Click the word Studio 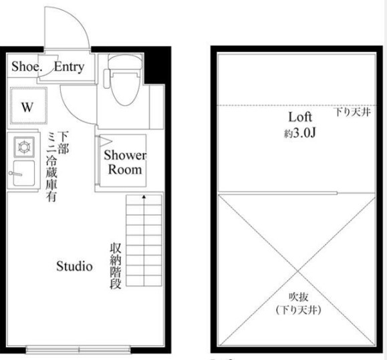pyautogui.click(x=75, y=266)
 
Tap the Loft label pyautogui.click(x=300, y=117)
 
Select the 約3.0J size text pyautogui.click(x=299, y=134)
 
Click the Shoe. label pyautogui.click(x=27, y=67)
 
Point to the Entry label pyautogui.click(x=69, y=67)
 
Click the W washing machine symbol pyautogui.click(x=29, y=106)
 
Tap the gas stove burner pyautogui.click(x=24, y=147)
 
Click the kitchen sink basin pyautogui.click(x=24, y=173)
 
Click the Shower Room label pyautogui.click(x=125, y=162)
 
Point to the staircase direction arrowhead pyautogui.click(x=144, y=197)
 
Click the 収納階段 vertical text pyautogui.click(x=116, y=266)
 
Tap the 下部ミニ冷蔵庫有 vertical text pyautogui.click(x=57, y=167)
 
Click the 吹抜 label pyautogui.click(x=299, y=297)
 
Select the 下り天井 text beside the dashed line pyautogui.click(x=353, y=112)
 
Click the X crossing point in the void pyautogui.click(x=297, y=271)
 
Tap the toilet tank pyautogui.click(x=125, y=61)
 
